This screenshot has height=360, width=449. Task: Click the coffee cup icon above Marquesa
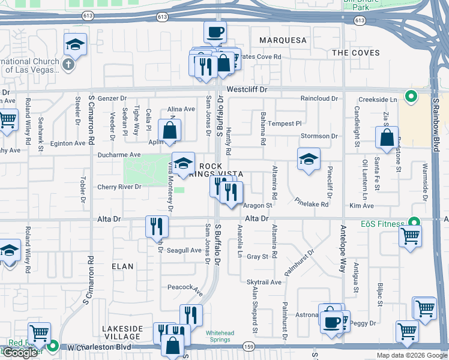pyautogui.click(x=215, y=32)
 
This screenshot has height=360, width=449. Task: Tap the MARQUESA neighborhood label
pyautogui.click(x=283, y=40)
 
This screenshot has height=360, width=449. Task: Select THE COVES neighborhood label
pyautogui.click(x=356, y=53)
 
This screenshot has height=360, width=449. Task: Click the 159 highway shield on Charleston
pyautogui.click(x=249, y=347)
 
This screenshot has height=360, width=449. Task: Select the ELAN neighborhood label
pyautogui.click(x=122, y=266)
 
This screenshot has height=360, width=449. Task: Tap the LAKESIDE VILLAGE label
pyautogui.click(x=122, y=333)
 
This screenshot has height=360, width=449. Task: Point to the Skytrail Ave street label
pyautogui.click(x=264, y=282)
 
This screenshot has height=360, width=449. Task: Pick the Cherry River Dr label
pyautogui.click(x=119, y=187)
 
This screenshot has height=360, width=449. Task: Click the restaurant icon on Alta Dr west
pyautogui.click(x=157, y=226)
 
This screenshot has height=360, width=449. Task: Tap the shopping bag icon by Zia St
pyautogui.click(x=387, y=137)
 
